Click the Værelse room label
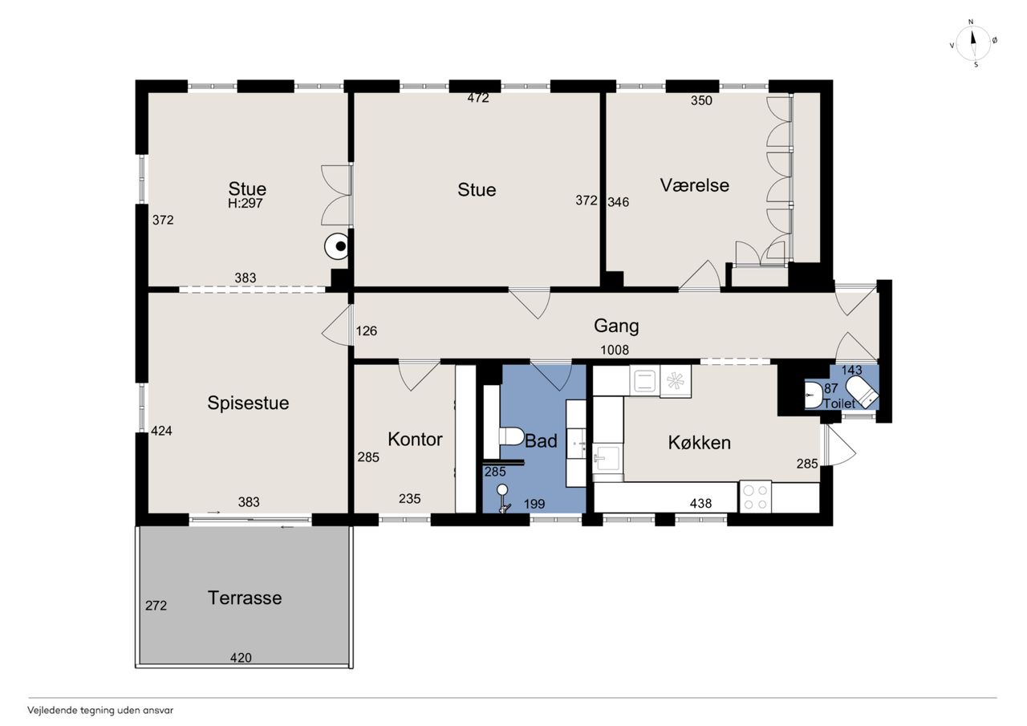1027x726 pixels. pos(694,185)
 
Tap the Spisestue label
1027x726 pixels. pos(248,403)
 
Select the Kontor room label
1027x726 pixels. pos(415,439)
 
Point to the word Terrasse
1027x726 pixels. pos(245,598)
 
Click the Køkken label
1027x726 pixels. pos(699,442)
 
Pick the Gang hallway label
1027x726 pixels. pos(616,326)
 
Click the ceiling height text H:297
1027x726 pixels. pos(246,204)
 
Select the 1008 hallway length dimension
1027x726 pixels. pos(615,351)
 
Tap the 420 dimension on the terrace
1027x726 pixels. pos(241,658)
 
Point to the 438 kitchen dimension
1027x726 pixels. pos(700,503)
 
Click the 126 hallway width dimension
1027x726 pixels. pos(367,331)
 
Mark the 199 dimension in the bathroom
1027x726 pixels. pos(534,504)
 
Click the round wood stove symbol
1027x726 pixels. pos(337,246)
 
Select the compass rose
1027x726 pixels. pos(973,43)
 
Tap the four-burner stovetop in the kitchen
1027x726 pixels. pos(755,497)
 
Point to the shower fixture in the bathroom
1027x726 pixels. pos(503,498)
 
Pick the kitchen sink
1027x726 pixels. pos(607,457)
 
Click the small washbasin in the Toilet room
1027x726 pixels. pos(814,395)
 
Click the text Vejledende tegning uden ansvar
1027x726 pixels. pos(100,711)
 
